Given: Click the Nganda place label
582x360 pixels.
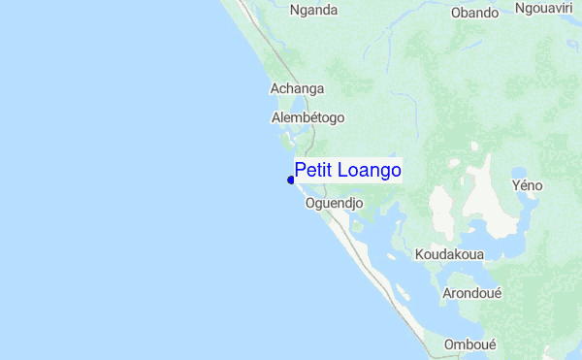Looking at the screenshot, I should (313, 11).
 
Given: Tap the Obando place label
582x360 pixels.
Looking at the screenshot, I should (475, 13).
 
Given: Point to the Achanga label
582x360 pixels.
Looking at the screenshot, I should (297, 88).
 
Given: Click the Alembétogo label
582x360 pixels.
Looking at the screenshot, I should (307, 117).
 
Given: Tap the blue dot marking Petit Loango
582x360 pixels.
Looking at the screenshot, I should (291, 180).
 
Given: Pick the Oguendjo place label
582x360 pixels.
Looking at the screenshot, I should (334, 204).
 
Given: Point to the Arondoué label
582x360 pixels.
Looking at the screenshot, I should (471, 292).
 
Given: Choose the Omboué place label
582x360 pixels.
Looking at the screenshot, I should (469, 344).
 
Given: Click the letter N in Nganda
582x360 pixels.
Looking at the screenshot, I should (295, 11).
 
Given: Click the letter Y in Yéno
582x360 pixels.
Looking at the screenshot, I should (515, 184).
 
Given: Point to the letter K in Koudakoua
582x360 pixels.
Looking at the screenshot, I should (419, 254).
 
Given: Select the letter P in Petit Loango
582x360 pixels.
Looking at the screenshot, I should (301, 171).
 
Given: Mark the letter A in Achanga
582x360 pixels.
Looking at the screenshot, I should (274, 88).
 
